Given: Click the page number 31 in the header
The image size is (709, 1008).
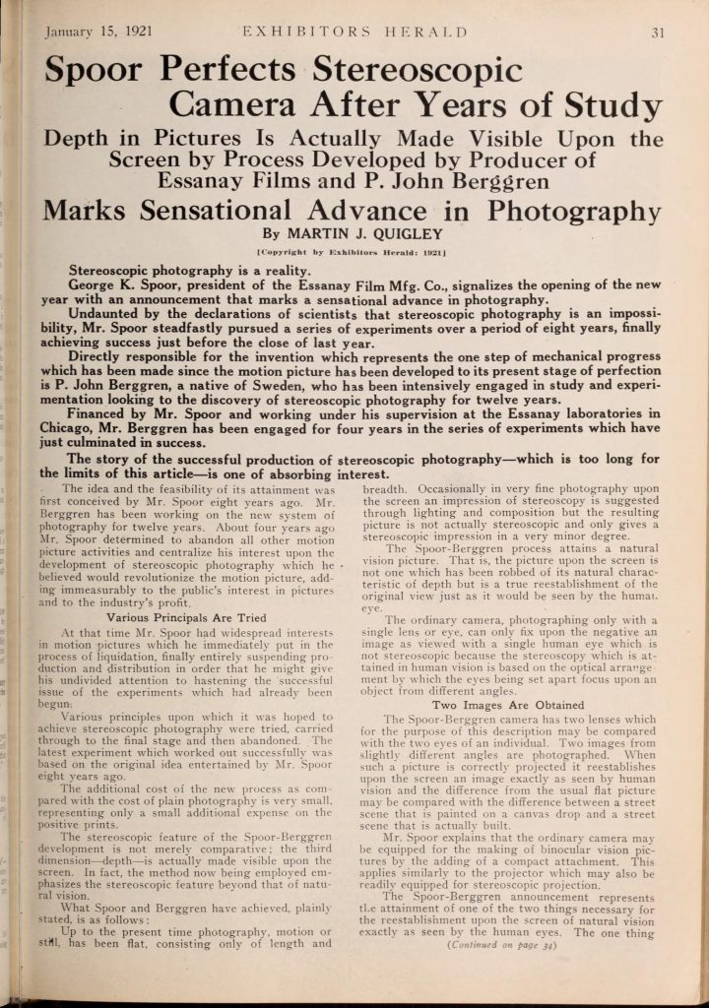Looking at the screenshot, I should coord(659,31).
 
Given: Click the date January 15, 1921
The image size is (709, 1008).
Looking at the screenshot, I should coord(97,31).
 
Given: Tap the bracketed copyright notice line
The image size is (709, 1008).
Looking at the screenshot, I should coord(353,253).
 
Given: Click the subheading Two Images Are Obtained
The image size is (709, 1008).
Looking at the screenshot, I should coord(521,705).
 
